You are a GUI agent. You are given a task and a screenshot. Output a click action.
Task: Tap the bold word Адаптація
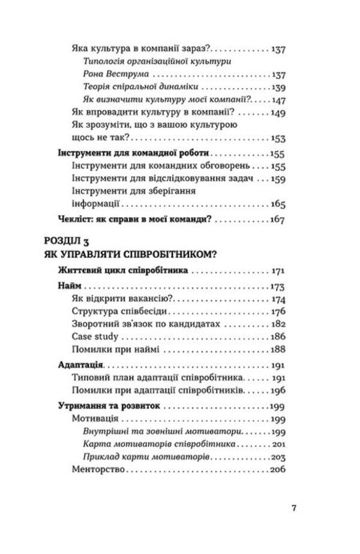point(80,365)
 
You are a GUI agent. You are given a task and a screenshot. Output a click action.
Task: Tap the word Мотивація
point(95,418)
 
